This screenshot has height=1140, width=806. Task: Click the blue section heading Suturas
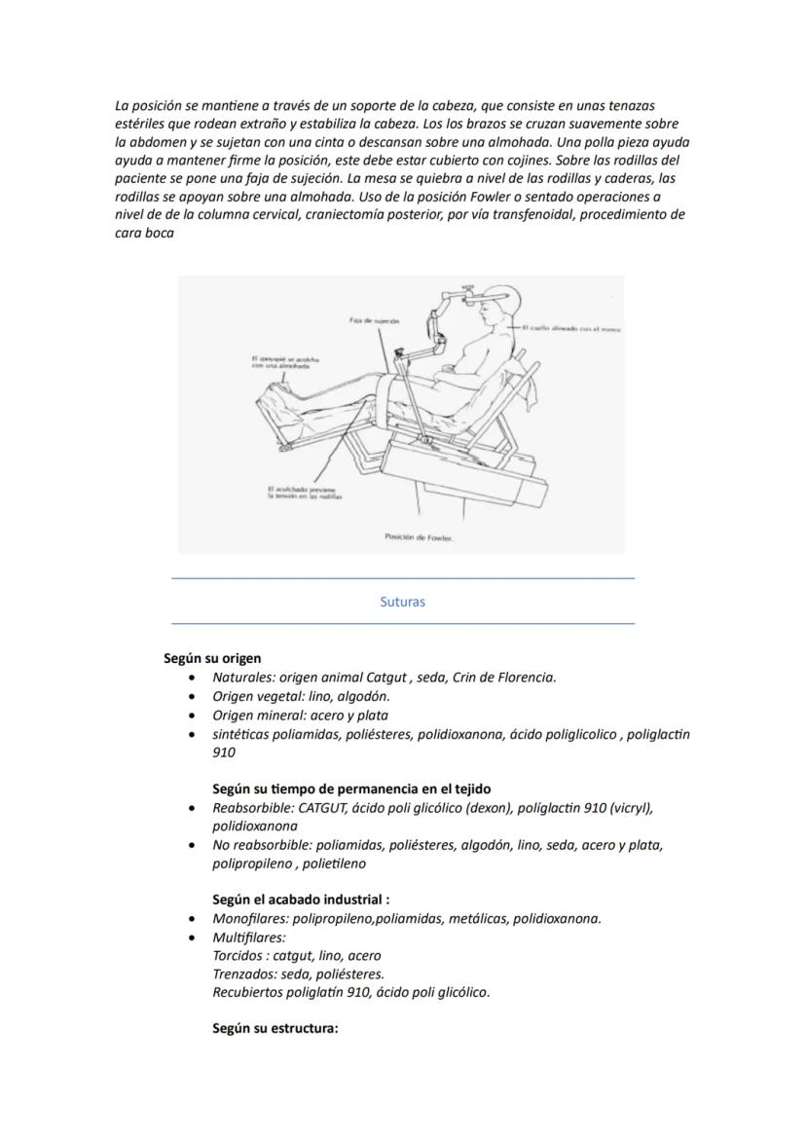click(x=402, y=602)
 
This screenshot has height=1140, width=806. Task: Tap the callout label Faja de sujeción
click(x=373, y=319)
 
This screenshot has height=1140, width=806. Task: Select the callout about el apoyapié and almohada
click(x=280, y=362)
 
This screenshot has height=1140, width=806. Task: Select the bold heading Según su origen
click(x=212, y=658)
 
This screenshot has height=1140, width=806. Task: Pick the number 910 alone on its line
click(x=224, y=753)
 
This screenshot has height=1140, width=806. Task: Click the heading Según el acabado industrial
click(x=301, y=900)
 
